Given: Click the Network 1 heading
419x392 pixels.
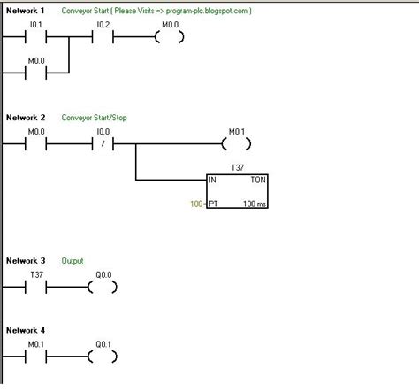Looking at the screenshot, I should pyautogui.click(x=26, y=12).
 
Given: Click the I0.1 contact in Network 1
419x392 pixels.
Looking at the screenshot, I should pyautogui.click(x=36, y=38).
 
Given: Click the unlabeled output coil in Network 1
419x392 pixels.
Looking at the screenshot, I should pyautogui.click(x=169, y=38).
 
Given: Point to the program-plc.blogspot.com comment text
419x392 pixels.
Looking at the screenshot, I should pyautogui.click(x=204, y=12).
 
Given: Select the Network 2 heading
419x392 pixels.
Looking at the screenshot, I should pyautogui.click(x=26, y=118).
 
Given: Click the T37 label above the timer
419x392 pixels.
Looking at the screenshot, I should pyautogui.click(x=236, y=166).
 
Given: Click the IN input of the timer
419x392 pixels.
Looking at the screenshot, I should pyautogui.click(x=213, y=180).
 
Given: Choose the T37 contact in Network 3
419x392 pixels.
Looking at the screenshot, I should pyautogui.click(x=36, y=287).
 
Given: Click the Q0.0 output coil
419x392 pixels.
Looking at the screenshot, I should pyautogui.click(x=103, y=287).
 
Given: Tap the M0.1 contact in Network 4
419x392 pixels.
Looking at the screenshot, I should pyautogui.click(x=36, y=357).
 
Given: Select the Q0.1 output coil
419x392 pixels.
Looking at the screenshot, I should pyautogui.click(x=103, y=357).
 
